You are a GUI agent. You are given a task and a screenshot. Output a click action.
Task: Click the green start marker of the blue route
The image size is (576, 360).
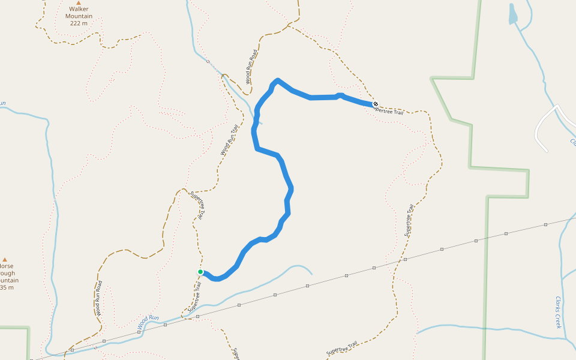point(200,272)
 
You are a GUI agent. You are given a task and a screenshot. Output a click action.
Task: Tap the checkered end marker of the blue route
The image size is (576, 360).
point(376,104)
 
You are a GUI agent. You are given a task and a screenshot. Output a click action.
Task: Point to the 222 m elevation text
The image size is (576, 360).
point(78,23)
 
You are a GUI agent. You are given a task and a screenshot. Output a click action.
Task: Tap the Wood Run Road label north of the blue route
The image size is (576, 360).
point(251,67)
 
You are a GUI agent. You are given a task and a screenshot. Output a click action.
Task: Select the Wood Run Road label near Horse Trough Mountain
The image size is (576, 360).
point(98,298)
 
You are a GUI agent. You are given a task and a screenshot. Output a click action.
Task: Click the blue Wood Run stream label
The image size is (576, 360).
point(148,322)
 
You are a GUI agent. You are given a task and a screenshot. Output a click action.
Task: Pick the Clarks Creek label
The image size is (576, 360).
point(558,312)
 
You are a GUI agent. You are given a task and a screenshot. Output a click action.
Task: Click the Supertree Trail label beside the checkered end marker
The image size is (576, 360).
point(389,109)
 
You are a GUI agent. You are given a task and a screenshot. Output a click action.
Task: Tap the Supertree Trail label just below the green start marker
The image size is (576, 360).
point(193,297)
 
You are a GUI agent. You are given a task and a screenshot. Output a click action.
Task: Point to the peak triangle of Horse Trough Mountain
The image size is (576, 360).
point(5,260)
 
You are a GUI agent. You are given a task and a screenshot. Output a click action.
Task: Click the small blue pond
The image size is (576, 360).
point(512,14)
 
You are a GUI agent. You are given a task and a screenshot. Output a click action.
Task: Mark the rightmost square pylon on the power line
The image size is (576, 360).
point(546,225)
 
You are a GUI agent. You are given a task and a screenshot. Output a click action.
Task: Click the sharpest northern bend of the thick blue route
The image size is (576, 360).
point(277,80)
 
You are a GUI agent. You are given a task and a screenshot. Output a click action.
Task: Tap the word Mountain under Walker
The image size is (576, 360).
point(78,16)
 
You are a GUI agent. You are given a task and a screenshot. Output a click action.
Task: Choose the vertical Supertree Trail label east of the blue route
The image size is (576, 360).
point(409,220)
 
